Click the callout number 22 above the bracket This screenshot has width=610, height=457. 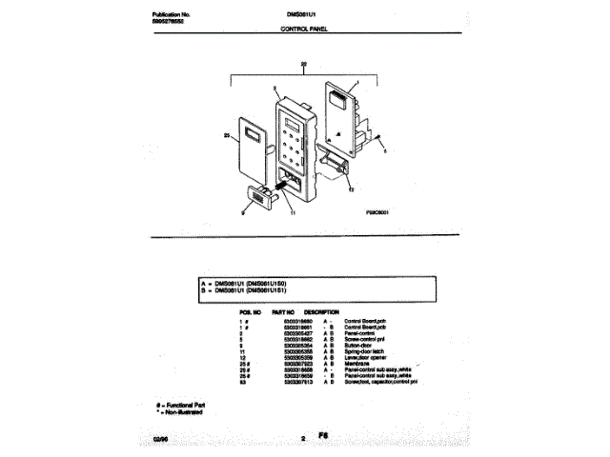click(303, 65)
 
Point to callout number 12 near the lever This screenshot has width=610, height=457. click(353, 190)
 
